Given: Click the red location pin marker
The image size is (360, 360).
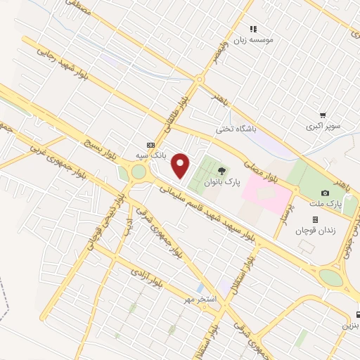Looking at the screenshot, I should pos(181,165).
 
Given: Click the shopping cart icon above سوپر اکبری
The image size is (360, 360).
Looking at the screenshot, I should pos(323,115).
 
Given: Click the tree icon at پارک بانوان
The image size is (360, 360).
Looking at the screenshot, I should pos(221,170).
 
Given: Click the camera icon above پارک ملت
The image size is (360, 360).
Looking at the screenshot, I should pos(325,193).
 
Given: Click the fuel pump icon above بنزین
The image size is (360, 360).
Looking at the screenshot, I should pos(358,314).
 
